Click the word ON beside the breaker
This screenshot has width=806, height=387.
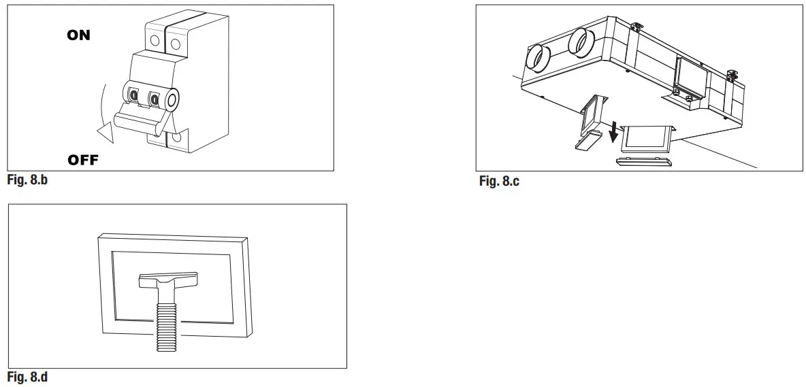click(x=78, y=35)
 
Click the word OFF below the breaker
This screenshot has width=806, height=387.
click(x=82, y=161)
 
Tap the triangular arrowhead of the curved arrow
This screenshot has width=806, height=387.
click(x=105, y=132)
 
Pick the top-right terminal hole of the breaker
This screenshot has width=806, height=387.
click(x=176, y=44)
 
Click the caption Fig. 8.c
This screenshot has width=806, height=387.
click(x=499, y=181)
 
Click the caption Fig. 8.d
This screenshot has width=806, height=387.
click(x=28, y=377)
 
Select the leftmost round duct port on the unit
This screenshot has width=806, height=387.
click(x=537, y=59)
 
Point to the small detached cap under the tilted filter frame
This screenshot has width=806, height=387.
click(x=587, y=141)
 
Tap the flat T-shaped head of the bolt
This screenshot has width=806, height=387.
click(x=167, y=280)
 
